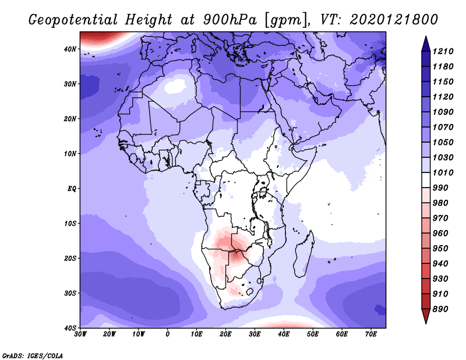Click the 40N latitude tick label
(70, 49)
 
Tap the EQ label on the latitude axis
(72, 189)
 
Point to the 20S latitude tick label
(70, 258)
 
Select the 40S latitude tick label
(70, 328)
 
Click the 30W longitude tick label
(80, 334)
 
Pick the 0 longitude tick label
(168, 334)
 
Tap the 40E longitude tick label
(284, 334)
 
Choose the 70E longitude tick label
(371, 334)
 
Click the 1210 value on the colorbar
(443, 51)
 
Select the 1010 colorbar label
(443, 172)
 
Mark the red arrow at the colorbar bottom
(426, 315)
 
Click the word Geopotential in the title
(73, 20)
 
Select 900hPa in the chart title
(230, 20)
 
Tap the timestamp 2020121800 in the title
(394, 20)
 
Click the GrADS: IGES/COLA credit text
(33, 356)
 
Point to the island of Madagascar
(303, 254)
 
